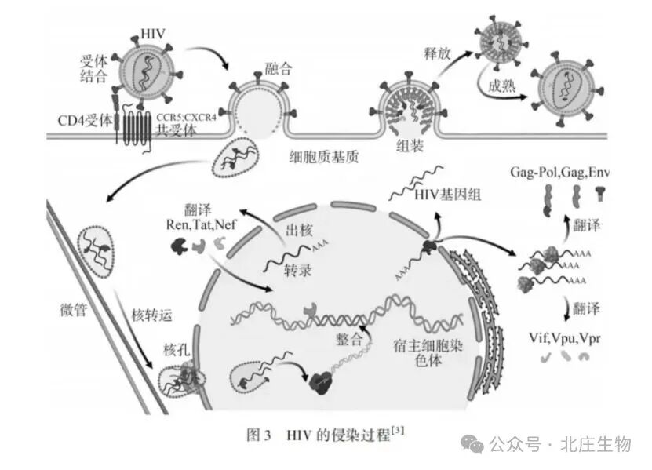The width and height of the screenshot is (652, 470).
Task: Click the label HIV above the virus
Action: [x=151, y=34]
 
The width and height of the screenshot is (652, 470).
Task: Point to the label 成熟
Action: [x=501, y=85]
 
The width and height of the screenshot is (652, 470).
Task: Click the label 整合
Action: [x=351, y=340]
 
